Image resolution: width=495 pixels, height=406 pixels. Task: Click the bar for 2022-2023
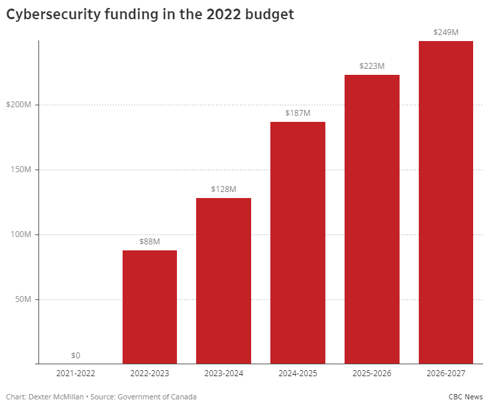(149, 307)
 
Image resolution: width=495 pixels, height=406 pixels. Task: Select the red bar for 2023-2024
(223, 281)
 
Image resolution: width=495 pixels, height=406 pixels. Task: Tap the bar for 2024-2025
(298, 242)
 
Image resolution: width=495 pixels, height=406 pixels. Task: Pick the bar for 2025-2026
(372, 219)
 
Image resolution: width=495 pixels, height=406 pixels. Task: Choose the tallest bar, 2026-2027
(446, 202)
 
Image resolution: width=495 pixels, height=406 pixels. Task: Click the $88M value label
(149, 242)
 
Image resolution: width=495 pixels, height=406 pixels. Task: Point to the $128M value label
(223, 189)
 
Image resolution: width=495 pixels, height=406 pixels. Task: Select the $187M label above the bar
(298, 113)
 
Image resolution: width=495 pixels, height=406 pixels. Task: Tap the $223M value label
(372, 66)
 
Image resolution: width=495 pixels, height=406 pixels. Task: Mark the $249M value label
(446, 32)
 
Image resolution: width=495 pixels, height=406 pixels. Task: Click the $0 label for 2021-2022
(76, 356)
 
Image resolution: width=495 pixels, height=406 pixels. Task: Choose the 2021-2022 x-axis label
(76, 374)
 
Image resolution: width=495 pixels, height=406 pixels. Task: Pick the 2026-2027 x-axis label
(446, 374)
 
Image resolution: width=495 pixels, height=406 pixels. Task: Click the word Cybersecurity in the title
(53, 15)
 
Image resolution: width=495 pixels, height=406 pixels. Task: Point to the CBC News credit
(466, 396)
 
